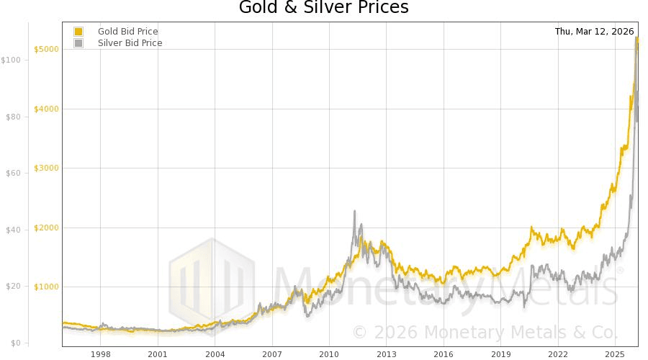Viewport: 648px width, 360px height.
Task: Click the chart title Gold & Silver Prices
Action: coord(323,9)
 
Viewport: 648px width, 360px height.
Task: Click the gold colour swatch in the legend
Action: coord(78,32)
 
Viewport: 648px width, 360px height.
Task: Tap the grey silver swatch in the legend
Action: coord(78,43)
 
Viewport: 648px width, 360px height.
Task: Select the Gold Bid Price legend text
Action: coord(128,32)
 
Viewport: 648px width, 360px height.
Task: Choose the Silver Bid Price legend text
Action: coord(130,43)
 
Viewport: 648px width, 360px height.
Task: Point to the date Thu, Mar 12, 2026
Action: coord(594,32)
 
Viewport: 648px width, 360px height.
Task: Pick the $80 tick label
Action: coord(12,117)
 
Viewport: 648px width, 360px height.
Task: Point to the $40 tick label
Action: coord(12,230)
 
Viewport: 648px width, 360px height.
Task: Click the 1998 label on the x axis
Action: coord(100,354)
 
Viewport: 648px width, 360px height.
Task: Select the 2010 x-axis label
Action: coord(329,354)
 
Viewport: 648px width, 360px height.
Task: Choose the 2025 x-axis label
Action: coord(614,354)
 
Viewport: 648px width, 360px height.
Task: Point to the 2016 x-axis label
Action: coord(444,354)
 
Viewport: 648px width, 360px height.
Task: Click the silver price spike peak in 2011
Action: coord(355,211)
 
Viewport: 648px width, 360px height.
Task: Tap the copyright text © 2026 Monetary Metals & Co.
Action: coord(485,332)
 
